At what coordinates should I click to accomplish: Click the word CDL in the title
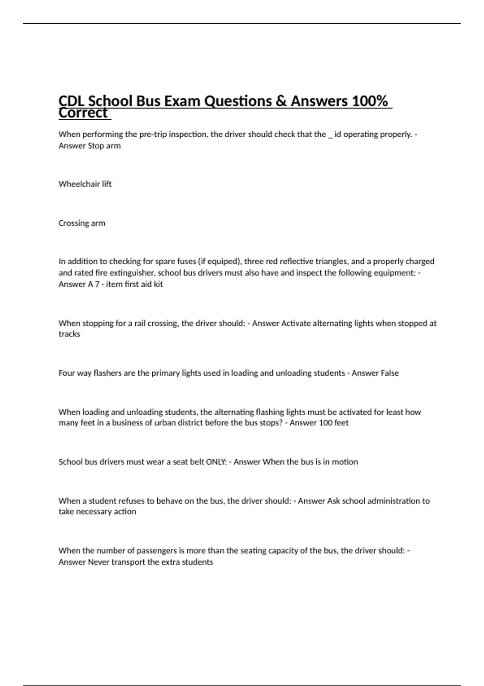tap(71, 101)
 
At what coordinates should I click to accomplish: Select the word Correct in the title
tap(83, 113)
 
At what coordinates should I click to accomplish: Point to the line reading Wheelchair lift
tap(85, 184)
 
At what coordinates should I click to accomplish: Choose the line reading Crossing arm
tap(82, 223)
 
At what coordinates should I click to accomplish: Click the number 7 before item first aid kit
tap(97, 284)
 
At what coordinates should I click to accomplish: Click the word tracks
tap(69, 334)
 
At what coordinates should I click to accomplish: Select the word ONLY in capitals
tap(216, 462)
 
